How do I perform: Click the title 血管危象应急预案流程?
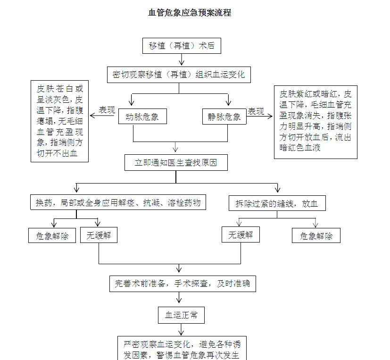190,13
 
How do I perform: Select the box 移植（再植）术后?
182,46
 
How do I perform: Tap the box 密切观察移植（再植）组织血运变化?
179,75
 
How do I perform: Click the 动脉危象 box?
142,116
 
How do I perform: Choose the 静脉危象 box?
224,116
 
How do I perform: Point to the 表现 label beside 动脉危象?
107,110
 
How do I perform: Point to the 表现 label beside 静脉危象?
256,111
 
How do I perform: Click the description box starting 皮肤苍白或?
60,121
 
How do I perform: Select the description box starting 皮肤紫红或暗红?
315,121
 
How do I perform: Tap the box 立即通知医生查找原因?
176,162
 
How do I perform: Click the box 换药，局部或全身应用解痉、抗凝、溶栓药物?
118,203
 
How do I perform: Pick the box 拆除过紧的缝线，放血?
277,203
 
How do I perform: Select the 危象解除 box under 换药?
52,236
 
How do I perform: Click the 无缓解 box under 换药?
99,235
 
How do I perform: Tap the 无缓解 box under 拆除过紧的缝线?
241,234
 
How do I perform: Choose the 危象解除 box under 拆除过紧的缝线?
316,236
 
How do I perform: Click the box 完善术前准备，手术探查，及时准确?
183,284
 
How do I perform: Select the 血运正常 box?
181,315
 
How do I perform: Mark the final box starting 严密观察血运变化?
182,349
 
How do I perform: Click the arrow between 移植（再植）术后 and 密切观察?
182,60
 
